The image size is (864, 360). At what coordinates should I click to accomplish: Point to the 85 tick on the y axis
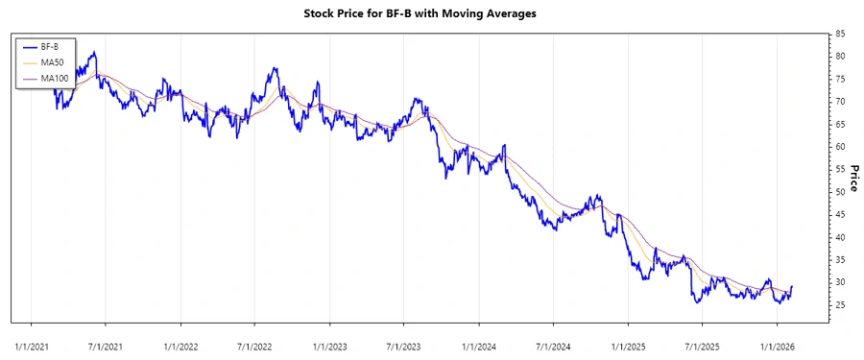pyautogui.click(x=840, y=34)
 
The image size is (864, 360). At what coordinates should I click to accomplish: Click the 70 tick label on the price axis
pyautogui.click(x=840, y=102)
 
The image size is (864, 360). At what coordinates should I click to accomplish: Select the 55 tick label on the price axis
pyautogui.click(x=840, y=169)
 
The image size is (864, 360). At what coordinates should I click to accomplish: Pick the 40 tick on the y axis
pyautogui.click(x=840, y=237)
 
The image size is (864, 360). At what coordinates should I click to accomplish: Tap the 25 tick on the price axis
pyautogui.click(x=840, y=305)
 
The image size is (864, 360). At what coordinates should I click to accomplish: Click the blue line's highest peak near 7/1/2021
pyautogui.click(x=93, y=53)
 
